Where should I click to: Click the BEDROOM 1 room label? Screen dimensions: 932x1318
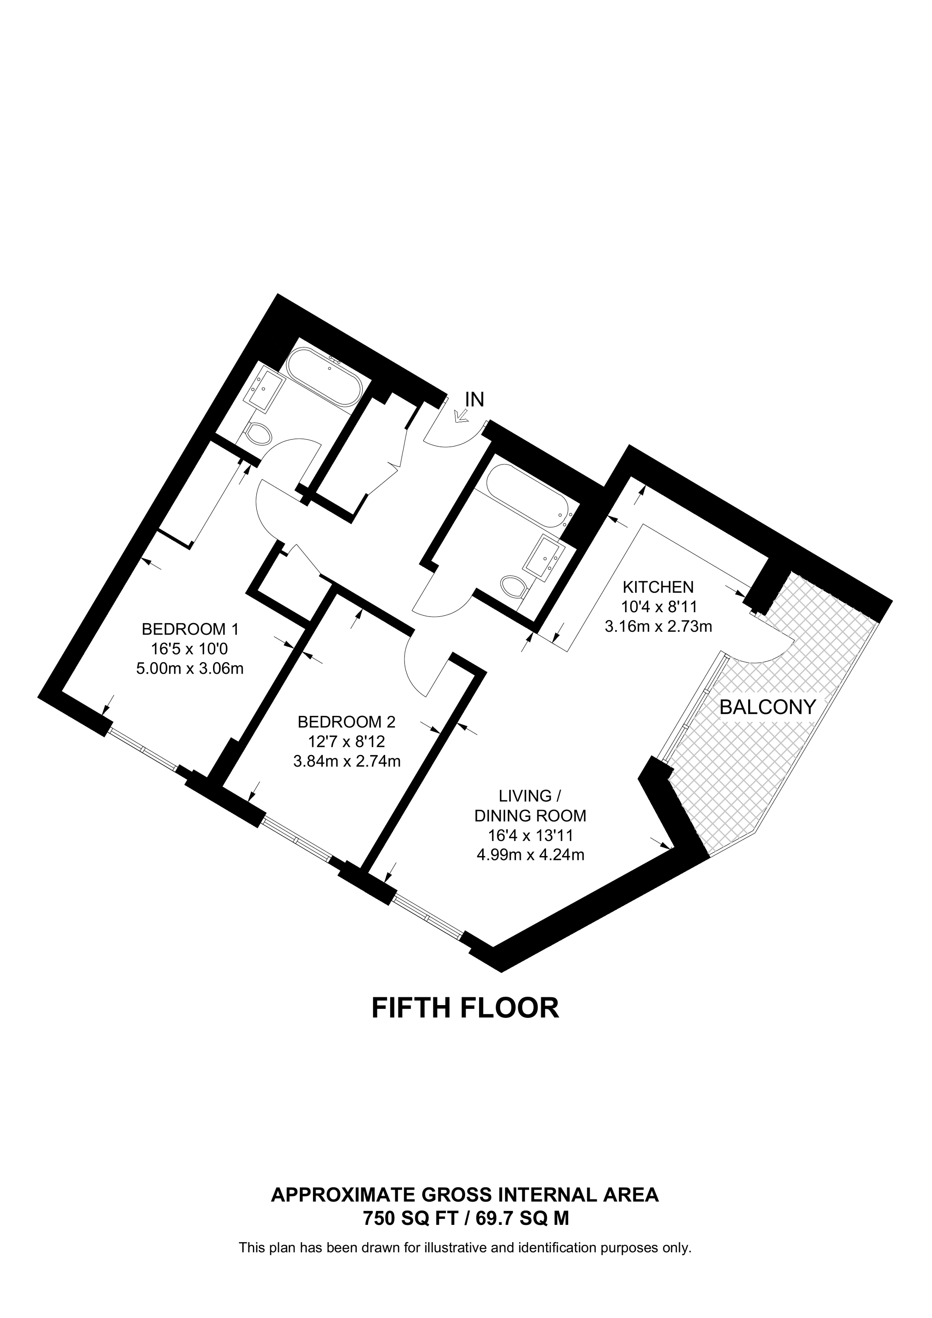(x=190, y=629)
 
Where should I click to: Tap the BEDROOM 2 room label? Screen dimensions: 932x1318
(x=347, y=721)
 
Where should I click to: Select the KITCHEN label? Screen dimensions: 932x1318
(x=659, y=587)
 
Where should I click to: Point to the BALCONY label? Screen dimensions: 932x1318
(x=768, y=707)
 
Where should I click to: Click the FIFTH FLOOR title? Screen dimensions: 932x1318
(x=466, y=1007)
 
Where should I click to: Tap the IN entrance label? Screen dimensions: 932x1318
(x=475, y=399)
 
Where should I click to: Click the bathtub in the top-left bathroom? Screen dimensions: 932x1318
(x=324, y=379)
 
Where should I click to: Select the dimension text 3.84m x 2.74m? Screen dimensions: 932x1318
(x=347, y=761)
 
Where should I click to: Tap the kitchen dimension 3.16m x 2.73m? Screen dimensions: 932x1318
(x=659, y=626)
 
